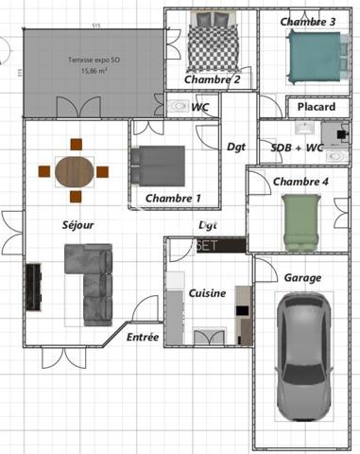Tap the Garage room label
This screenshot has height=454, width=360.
(x=302, y=278)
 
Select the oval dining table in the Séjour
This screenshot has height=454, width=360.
(x=75, y=171)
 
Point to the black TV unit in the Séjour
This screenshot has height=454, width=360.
(x=33, y=287)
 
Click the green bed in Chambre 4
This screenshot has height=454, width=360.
(x=301, y=221)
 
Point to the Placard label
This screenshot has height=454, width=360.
(x=316, y=107)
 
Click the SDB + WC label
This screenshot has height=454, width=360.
(x=297, y=148)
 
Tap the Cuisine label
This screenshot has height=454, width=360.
(x=207, y=293)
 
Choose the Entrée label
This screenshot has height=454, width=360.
(x=143, y=337)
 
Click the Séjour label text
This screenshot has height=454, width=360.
(x=77, y=225)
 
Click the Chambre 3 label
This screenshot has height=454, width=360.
(x=308, y=21)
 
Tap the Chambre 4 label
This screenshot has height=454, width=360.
(x=300, y=181)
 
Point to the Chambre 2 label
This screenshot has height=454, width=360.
(x=212, y=79)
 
